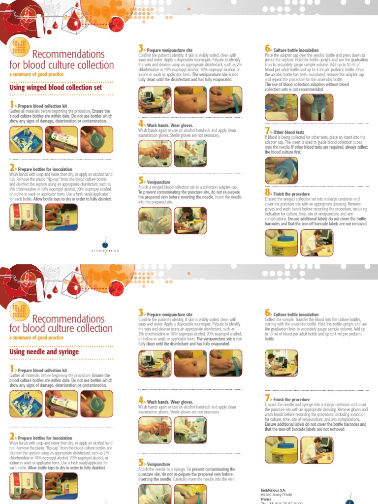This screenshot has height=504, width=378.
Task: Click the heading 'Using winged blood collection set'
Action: pos(56,88)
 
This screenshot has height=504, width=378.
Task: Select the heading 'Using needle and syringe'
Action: pos(44,352)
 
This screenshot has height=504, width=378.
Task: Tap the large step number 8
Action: pos(268,193)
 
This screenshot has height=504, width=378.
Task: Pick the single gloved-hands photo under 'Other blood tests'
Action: pos(281,170)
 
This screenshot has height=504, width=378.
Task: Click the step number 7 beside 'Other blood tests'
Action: pos(268,131)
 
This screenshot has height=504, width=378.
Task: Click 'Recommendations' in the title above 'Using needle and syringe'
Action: pos(68,318)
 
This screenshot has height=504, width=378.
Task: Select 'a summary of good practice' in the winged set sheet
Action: pos(36,74)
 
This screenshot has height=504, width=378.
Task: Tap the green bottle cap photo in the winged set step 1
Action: pos(96,139)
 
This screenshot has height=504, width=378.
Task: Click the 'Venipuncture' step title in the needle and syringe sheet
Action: pos(158,464)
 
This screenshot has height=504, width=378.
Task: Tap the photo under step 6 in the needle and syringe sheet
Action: pos(281,363)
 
